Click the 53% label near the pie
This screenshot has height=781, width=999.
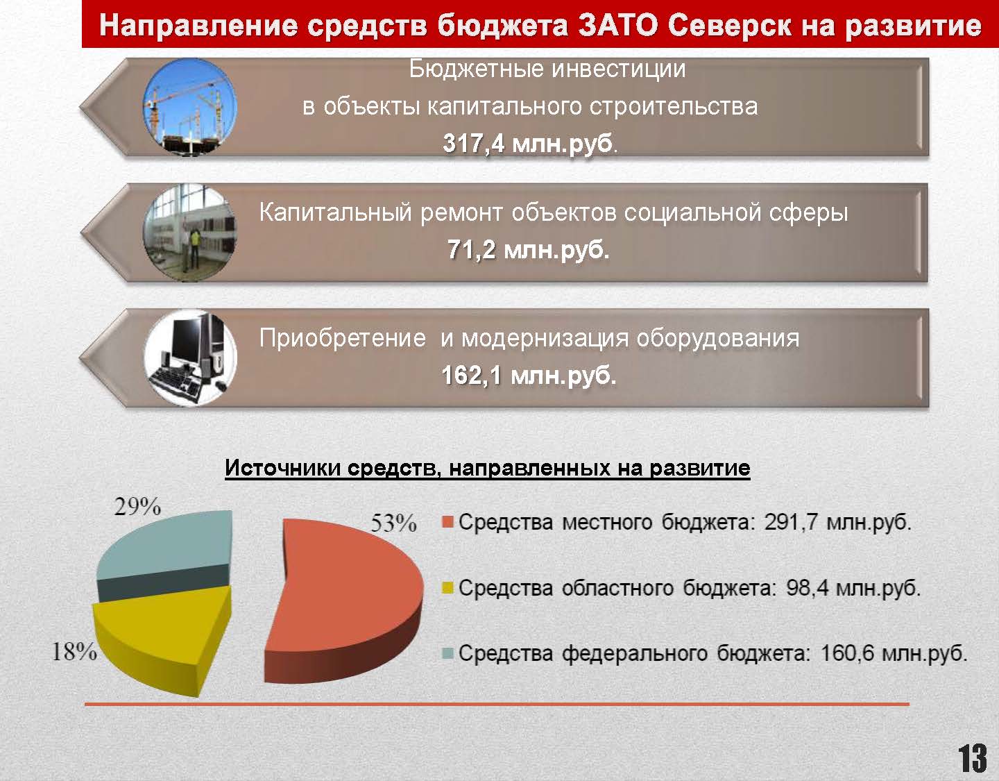point(393,523)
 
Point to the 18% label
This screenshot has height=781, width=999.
point(74,651)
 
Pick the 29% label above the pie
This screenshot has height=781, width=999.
point(137,507)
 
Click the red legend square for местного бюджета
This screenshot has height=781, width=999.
point(447,522)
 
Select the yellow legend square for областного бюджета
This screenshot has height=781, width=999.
point(447,588)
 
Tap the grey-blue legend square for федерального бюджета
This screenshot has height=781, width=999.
point(447,653)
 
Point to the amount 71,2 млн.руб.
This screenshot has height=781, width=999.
point(528,250)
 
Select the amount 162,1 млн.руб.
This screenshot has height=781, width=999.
point(529,376)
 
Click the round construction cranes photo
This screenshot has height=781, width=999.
point(190,107)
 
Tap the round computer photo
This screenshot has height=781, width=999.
point(190,358)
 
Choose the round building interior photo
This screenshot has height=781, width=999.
point(190,233)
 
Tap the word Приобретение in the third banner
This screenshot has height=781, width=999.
point(343,339)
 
